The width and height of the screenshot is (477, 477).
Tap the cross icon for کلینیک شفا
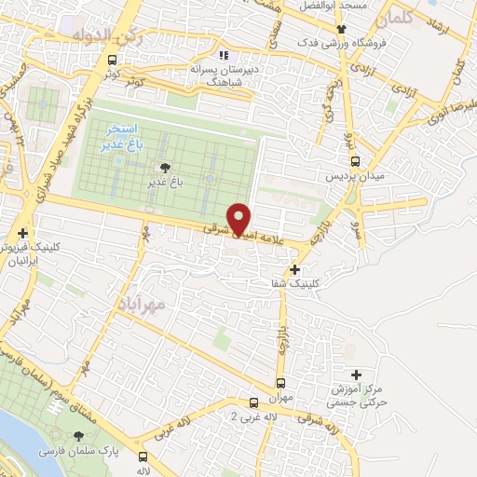click(x=295, y=269)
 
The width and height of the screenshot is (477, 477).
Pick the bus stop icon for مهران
click(x=281, y=383)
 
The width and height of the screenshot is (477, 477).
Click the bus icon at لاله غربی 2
click(x=253, y=402)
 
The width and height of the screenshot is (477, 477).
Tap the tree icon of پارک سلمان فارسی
click(x=79, y=435)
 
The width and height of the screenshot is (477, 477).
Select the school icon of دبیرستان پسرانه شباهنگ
click(x=224, y=54)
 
